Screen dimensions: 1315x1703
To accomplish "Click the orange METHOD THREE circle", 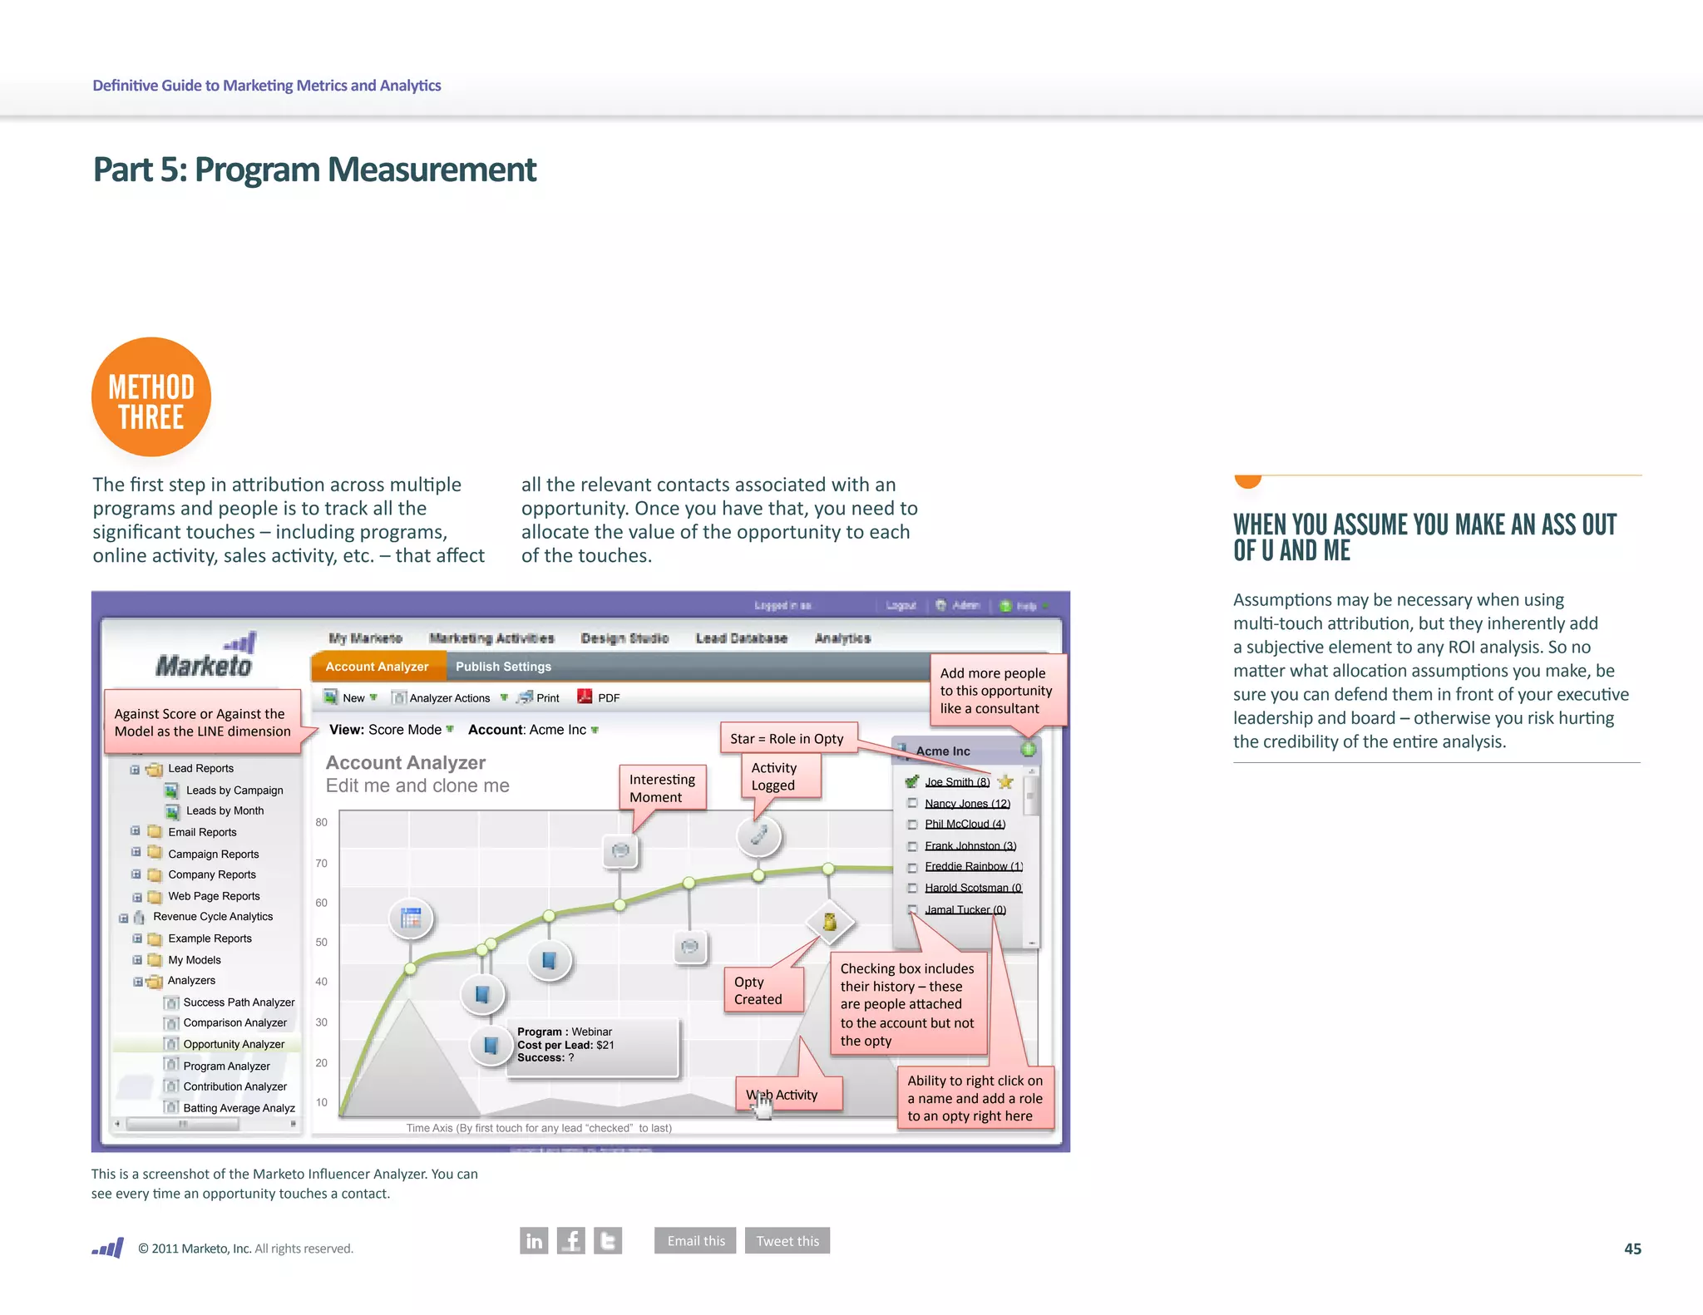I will (151, 397).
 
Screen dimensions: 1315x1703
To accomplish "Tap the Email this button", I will (695, 1240).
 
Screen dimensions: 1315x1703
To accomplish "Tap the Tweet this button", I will (787, 1240).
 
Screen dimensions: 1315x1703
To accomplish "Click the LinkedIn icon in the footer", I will (534, 1240).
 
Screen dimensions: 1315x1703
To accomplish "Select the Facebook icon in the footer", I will (570, 1240).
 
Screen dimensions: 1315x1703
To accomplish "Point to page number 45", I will (1632, 1249).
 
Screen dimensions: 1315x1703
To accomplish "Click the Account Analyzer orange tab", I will (377, 667).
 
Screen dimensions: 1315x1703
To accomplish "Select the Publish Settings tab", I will (503, 667).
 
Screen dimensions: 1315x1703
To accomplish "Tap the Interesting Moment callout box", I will (662, 788).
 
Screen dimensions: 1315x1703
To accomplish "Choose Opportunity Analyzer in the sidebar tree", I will (234, 1044).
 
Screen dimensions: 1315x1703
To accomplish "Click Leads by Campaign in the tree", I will (234, 790).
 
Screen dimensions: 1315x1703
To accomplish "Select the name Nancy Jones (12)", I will (967, 804).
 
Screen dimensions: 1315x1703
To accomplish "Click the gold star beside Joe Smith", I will (1005, 781).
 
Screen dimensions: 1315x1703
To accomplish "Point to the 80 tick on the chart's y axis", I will (322, 822).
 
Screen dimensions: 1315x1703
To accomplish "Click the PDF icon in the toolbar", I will (585, 697).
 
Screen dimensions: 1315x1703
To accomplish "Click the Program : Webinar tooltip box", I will (592, 1046).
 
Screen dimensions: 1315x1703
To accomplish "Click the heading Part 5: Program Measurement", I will (314, 170).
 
